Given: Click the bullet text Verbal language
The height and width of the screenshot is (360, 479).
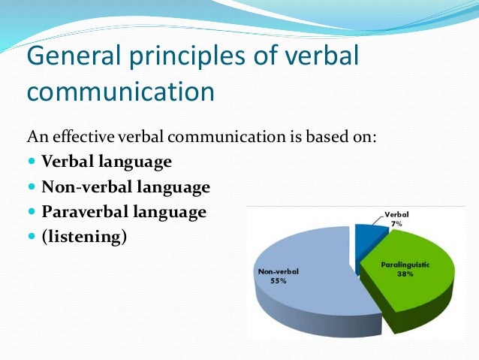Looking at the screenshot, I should [x=107, y=162].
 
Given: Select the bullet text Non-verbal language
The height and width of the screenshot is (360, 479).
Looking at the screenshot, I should [x=125, y=186].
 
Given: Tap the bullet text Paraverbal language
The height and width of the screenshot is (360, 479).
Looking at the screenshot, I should [x=123, y=212].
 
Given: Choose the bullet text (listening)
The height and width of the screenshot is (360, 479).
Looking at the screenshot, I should [x=84, y=237].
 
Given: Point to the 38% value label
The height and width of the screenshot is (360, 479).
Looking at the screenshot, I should [x=405, y=275].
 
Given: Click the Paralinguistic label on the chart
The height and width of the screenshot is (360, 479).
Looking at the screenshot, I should [x=405, y=265].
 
